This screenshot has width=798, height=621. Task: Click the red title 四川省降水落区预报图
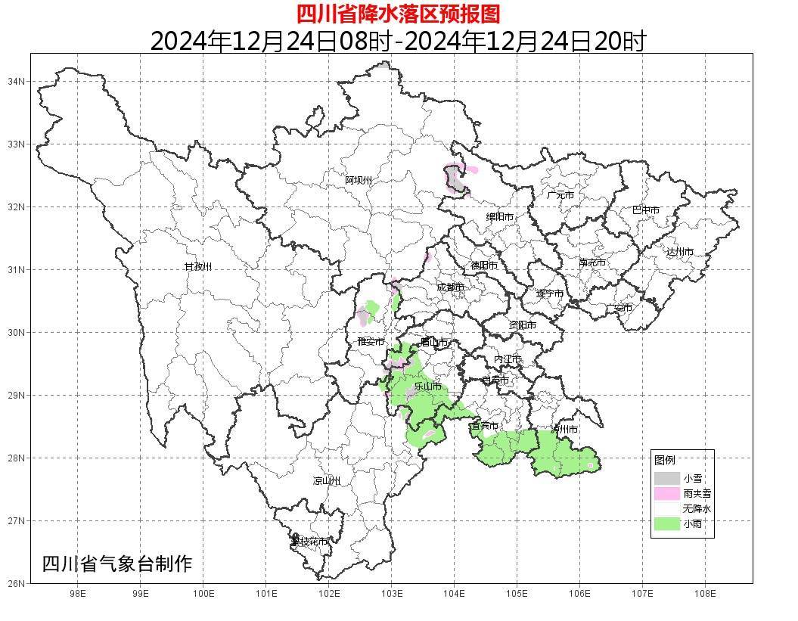coord(399,14)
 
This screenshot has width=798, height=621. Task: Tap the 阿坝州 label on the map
coord(359,180)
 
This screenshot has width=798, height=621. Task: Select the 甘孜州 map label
coord(198,266)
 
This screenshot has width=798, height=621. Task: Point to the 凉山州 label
coord(327,481)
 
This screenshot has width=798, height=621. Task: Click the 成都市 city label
coord(451,287)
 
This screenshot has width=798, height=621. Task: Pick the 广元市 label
coord(560,195)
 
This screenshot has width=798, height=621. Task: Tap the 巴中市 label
coord(646,210)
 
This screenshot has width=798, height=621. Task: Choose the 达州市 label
coord(680,252)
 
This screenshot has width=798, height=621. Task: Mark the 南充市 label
coord(592,263)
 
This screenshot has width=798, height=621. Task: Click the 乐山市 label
coord(427,387)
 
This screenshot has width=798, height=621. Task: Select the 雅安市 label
coord(371,342)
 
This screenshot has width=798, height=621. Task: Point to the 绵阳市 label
coord(500,217)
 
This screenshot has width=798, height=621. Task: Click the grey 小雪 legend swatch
coord(667,478)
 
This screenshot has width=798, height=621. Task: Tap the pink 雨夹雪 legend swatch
coord(667,493)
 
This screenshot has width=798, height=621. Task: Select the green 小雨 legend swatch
coord(667,523)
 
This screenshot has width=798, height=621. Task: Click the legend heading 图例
coord(665,460)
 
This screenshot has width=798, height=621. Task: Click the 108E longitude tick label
coord(705,594)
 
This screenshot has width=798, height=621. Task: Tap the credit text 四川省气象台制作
coord(117,564)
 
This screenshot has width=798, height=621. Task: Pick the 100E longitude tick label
coord(203,594)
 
